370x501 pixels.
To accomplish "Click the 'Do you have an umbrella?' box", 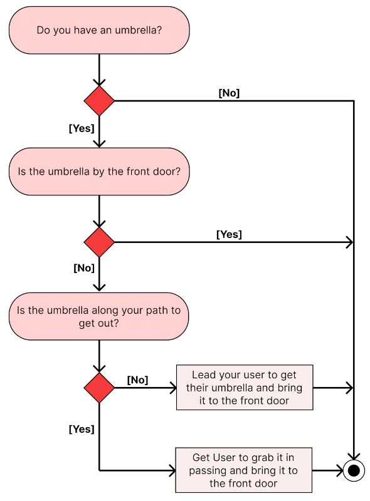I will click(99, 30).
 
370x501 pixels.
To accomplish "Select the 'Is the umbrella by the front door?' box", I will click(99, 172).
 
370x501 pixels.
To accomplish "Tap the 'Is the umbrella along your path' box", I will click(99, 317).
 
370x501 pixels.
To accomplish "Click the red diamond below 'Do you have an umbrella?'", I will click(99, 101).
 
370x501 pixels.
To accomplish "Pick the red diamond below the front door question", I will click(99, 242).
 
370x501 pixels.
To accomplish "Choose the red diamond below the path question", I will click(99, 388).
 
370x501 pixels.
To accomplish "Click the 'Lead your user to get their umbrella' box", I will click(245, 388).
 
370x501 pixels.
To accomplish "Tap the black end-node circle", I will click(354, 470).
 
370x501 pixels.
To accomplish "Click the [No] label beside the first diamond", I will click(229, 93).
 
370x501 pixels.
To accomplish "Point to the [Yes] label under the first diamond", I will click(82, 128).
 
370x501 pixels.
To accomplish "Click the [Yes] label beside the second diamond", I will click(229, 234).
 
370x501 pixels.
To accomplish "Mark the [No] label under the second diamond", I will click(84, 268).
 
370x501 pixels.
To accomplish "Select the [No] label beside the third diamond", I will click(137, 380).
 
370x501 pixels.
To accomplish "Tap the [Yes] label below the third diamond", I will click(82, 429).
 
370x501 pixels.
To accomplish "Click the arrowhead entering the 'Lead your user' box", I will click(173, 388).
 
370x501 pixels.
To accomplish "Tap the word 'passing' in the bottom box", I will click(208, 470).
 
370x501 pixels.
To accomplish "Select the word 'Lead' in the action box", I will click(204, 374).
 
